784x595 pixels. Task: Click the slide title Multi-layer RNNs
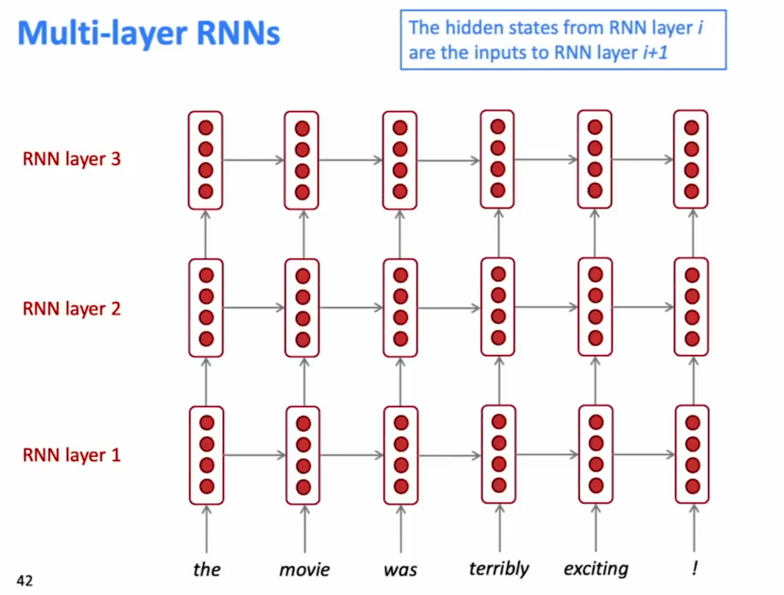pyautogui.click(x=149, y=34)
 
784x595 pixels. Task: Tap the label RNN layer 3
pyautogui.click(x=71, y=159)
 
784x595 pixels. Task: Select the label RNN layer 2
pyautogui.click(x=71, y=309)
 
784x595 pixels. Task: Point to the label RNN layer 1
pyautogui.click(x=71, y=455)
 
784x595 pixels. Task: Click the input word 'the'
pyautogui.click(x=206, y=569)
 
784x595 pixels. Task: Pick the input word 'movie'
pyautogui.click(x=305, y=569)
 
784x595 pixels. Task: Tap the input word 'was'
pyautogui.click(x=401, y=570)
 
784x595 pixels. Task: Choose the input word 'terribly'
pyautogui.click(x=499, y=569)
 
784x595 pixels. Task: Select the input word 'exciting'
pyautogui.click(x=596, y=569)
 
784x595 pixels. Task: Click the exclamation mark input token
pyautogui.click(x=695, y=567)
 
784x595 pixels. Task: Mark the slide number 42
pyautogui.click(x=24, y=580)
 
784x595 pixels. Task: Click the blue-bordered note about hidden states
pyautogui.click(x=563, y=40)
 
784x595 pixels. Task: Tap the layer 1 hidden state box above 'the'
pyautogui.click(x=206, y=456)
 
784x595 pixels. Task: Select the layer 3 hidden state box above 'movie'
pyautogui.click(x=301, y=160)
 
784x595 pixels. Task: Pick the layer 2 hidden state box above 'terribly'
pyautogui.click(x=498, y=307)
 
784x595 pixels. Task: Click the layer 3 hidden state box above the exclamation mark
pyautogui.click(x=691, y=159)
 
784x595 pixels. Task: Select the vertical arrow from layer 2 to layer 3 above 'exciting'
pyautogui.click(x=594, y=233)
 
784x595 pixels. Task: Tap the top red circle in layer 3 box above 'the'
pyautogui.click(x=206, y=128)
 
